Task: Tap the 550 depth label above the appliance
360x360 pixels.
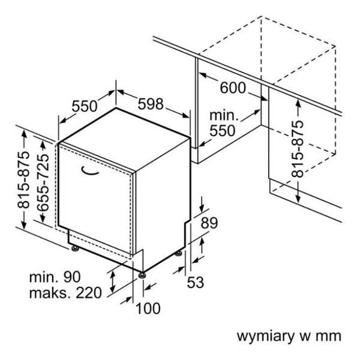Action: coord(85,106)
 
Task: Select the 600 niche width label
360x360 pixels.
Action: coord(232,88)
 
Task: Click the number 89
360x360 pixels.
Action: coord(208,223)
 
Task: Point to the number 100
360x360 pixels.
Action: coord(148,308)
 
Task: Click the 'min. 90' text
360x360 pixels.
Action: coord(55,277)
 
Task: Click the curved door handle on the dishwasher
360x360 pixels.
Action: coord(91,172)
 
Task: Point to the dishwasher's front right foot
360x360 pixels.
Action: coord(142,275)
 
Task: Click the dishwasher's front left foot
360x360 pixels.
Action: coord(73,247)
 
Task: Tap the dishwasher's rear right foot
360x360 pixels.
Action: coord(179,253)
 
